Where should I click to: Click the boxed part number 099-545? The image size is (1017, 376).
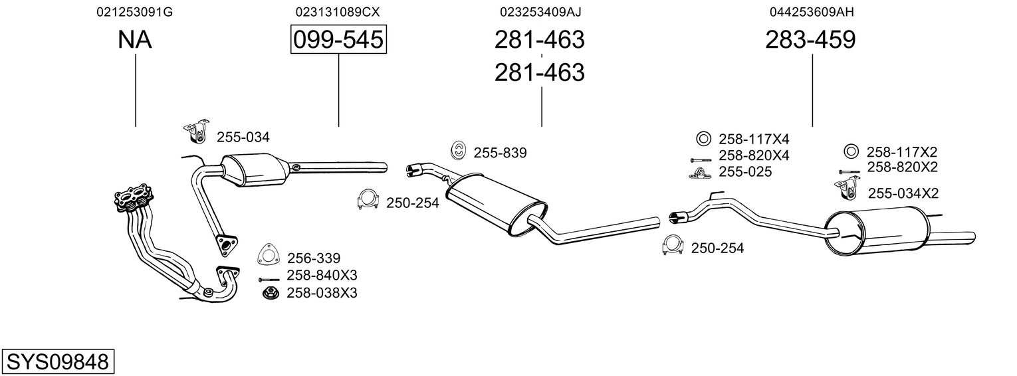(x=338, y=39)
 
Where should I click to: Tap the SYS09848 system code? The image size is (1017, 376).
(x=58, y=361)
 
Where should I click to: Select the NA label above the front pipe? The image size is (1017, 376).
(x=135, y=39)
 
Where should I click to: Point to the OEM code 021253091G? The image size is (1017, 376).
(x=134, y=12)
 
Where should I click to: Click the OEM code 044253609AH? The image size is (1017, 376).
(x=812, y=12)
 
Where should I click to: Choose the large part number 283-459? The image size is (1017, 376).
(x=810, y=39)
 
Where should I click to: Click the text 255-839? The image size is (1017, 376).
(x=500, y=153)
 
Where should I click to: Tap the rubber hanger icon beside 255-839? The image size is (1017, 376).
(x=459, y=151)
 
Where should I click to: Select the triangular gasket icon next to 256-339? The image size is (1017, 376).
(x=269, y=255)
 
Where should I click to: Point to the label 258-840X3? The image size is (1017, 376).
(x=322, y=275)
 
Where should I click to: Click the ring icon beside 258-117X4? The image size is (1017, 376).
(x=703, y=139)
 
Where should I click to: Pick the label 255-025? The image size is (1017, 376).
(x=745, y=172)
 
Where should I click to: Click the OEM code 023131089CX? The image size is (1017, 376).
(x=337, y=12)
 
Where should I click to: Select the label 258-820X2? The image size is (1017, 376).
(x=902, y=167)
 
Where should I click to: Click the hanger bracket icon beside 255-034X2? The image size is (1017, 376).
(x=846, y=189)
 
